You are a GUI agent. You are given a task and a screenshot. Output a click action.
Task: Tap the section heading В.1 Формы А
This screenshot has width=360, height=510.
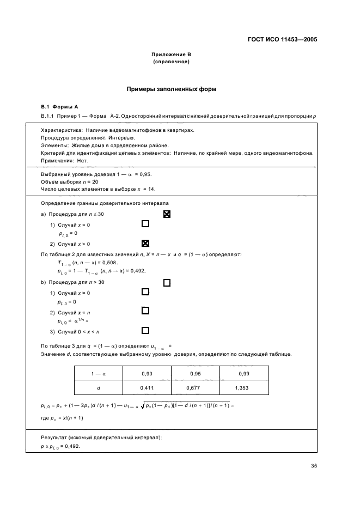pyautogui.click(x=60, y=107)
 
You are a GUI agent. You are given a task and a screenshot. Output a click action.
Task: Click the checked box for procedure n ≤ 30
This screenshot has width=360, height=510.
pyautogui.click(x=167, y=215)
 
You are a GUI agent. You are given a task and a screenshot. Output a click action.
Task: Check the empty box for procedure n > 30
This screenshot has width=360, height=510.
pyautogui.click(x=167, y=282)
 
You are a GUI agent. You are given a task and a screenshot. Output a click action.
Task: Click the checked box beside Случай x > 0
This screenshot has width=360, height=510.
pyautogui.click(x=145, y=243)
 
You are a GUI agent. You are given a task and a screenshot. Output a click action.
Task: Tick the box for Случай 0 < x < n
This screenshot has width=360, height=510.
pyautogui.click(x=145, y=330)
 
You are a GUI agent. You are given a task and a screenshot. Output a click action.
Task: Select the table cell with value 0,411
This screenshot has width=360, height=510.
pyautogui.click(x=147, y=387)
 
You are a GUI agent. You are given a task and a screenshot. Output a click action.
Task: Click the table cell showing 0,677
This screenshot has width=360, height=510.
pyautogui.click(x=196, y=387)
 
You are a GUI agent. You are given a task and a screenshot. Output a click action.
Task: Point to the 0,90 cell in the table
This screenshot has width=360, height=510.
pyautogui.click(x=147, y=374)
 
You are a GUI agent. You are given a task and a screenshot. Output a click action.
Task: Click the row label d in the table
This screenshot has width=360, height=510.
pyautogui.click(x=99, y=387)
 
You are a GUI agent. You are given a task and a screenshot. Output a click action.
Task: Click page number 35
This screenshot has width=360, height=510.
pyautogui.click(x=314, y=466)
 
